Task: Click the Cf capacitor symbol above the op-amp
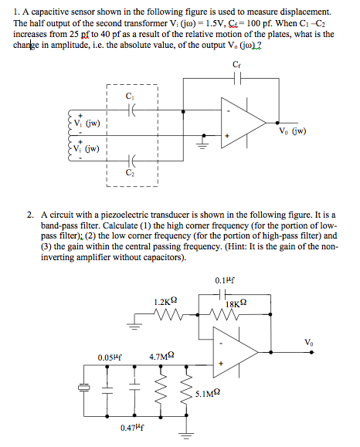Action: click(239, 80)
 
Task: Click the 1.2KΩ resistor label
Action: click(168, 300)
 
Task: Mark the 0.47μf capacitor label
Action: click(134, 427)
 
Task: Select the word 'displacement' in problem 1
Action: click(304, 13)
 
